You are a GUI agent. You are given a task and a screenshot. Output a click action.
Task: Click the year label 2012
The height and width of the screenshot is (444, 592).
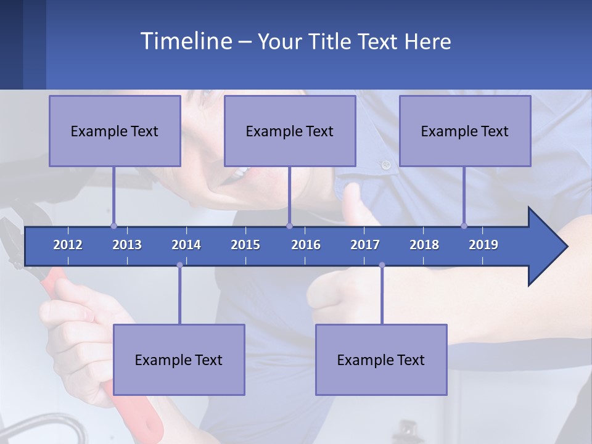[x=68, y=245]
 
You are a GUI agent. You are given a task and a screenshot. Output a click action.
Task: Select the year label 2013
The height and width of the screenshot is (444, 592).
[x=127, y=245]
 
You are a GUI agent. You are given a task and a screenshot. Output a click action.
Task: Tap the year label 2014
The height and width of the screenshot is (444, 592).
[x=186, y=245]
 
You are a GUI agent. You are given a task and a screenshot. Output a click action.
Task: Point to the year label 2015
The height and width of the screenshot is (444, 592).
[x=245, y=245]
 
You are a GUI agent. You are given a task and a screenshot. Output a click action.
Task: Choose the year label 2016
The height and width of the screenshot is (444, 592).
[x=306, y=245]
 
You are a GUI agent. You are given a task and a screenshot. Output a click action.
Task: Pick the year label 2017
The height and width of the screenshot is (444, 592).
[x=365, y=245]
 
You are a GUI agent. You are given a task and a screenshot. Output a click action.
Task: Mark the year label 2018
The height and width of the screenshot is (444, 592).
[x=424, y=245]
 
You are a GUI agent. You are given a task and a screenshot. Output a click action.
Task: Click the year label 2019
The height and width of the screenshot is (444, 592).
[x=483, y=245]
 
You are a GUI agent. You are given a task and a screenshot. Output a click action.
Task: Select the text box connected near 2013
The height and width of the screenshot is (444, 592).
[x=115, y=131]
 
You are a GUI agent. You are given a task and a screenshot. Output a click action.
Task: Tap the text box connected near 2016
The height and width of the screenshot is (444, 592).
[x=290, y=131]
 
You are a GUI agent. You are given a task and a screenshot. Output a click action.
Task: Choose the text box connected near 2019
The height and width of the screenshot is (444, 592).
[x=465, y=131]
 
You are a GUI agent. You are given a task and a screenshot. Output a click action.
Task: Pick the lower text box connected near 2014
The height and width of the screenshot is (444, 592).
[x=179, y=360]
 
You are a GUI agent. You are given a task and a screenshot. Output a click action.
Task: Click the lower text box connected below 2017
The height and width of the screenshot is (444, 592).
[x=381, y=360]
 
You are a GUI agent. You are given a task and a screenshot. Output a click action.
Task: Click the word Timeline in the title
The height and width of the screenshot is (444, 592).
[x=185, y=41]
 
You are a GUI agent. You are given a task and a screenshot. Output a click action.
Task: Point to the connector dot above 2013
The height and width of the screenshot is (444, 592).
[x=113, y=226]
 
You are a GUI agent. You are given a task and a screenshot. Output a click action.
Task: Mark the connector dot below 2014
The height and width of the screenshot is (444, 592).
[x=179, y=265]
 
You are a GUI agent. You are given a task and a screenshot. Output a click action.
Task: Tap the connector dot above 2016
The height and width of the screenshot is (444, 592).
[x=289, y=226]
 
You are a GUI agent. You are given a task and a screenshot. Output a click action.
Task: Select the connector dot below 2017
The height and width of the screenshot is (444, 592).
[x=382, y=265]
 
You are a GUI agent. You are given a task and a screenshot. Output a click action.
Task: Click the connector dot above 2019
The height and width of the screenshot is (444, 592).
[x=464, y=226]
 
